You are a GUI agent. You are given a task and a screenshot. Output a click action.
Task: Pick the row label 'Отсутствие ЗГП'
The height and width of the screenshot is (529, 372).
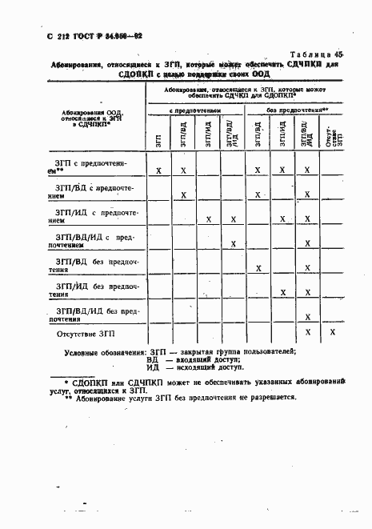pyautogui.click(x=91, y=332)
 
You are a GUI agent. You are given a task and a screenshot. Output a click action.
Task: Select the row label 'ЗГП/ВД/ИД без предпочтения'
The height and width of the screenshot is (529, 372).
pyautogui.click(x=94, y=313)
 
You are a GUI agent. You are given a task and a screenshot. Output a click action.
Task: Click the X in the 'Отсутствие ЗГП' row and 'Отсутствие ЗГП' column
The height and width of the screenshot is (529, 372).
pyautogui.click(x=333, y=332)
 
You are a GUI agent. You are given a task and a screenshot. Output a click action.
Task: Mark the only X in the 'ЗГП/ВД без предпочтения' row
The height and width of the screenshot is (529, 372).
pyautogui.click(x=258, y=268)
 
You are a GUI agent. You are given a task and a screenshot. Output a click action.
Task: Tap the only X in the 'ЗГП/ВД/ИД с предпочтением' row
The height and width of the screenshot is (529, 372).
pyautogui.click(x=233, y=243)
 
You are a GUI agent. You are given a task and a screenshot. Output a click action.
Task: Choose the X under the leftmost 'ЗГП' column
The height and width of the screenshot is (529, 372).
pyautogui.click(x=159, y=170)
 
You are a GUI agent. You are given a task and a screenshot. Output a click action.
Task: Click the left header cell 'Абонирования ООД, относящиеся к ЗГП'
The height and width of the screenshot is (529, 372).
pyautogui.click(x=95, y=118)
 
